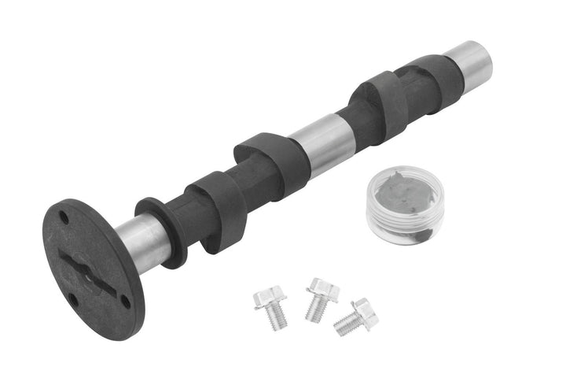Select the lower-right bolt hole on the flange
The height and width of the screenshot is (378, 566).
pyautogui.click(x=125, y=299)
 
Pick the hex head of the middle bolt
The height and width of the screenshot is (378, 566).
pyautogui.click(x=323, y=289)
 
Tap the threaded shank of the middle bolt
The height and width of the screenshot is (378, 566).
pyautogui.click(x=315, y=308)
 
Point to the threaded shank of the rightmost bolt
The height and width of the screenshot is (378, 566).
pyautogui.click(x=345, y=322)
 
